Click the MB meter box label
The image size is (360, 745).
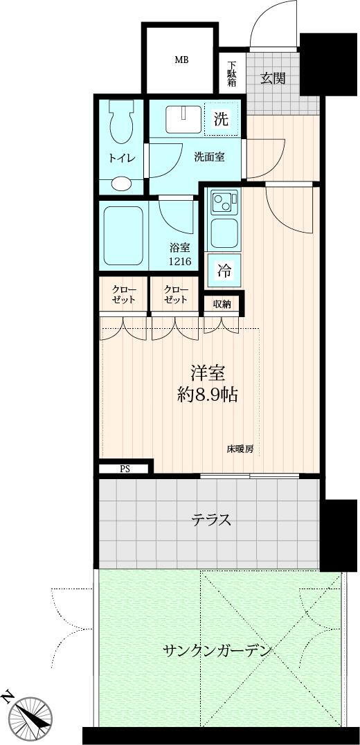click(x=181, y=60)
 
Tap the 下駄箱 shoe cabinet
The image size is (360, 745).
click(x=232, y=73)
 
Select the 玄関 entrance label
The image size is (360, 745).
click(x=273, y=78)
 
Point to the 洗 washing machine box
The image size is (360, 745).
click(x=220, y=120)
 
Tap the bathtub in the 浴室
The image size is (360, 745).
click(x=123, y=235)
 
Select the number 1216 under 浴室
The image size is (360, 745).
click(x=181, y=260)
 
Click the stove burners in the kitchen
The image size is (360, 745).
click(x=224, y=202)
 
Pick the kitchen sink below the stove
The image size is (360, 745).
click(x=224, y=233)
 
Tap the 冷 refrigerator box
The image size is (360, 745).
click(x=224, y=271)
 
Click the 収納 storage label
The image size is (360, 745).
click(x=222, y=304)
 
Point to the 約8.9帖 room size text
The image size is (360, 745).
click(x=208, y=395)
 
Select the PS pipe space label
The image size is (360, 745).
click(x=125, y=469)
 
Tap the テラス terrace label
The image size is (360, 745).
click(x=211, y=520)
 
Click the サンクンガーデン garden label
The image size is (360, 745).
click(x=217, y=649)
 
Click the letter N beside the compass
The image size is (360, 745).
click(x=7, y=697)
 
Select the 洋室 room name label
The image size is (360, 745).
click(x=208, y=374)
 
